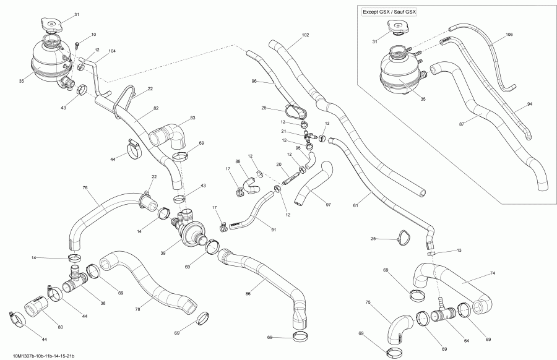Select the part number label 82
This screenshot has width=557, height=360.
click(x=156, y=109)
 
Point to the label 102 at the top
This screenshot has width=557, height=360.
click(x=306, y=35)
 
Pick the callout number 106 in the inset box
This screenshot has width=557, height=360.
click(x=509, y=35)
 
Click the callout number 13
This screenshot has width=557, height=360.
click(x=458, y=250)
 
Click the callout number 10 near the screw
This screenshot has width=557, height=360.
click(x=93, y=35)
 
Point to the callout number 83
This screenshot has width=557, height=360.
click(x=192, y=118)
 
